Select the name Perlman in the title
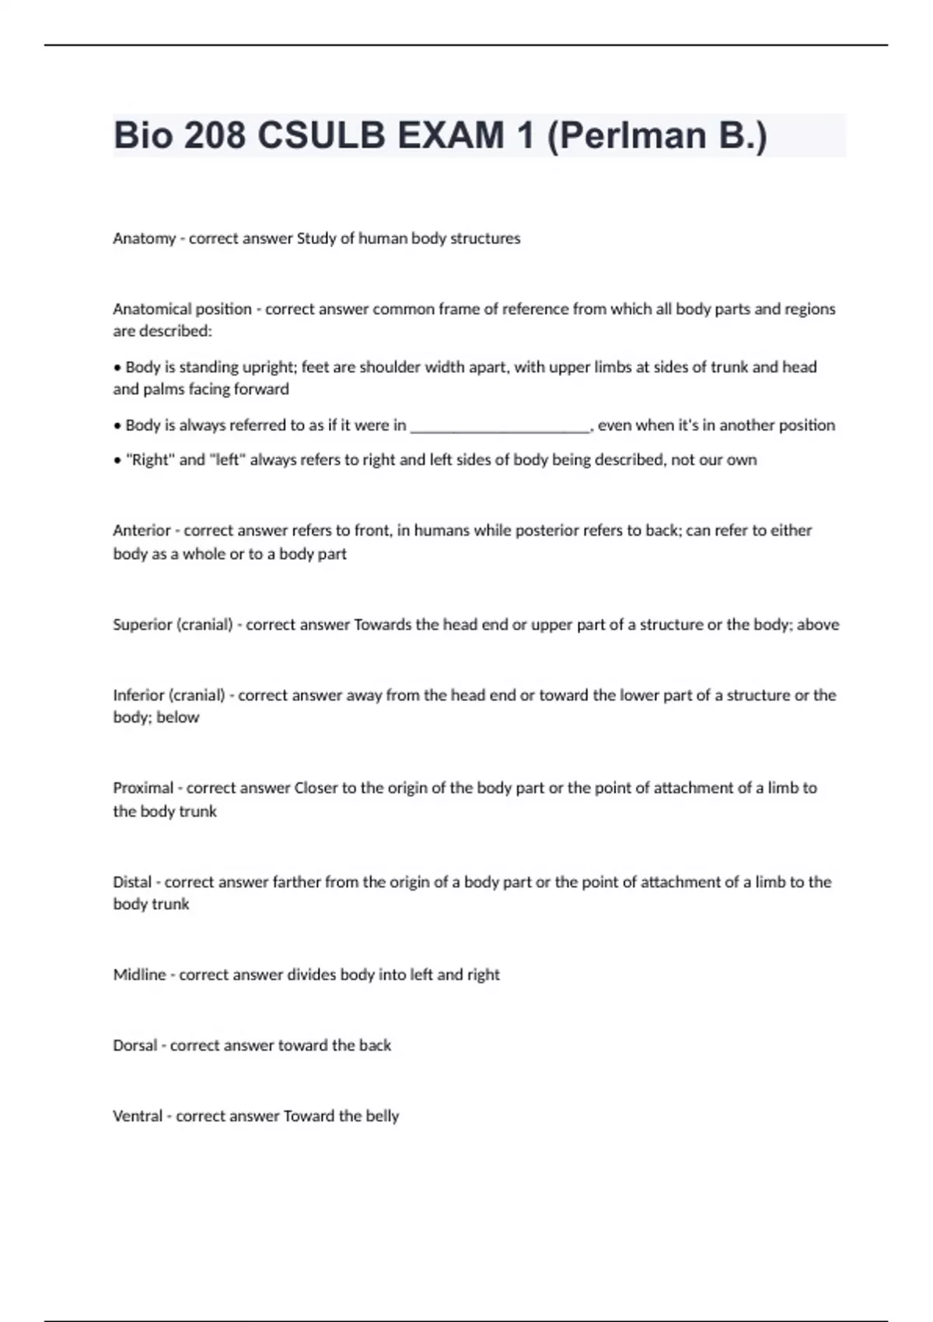click(x=627, y=136)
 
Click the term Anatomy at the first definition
click(x=144, y=239)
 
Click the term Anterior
click(x=142, y=530)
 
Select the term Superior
click(x=142, y=624)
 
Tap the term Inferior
click(x=138, y=695)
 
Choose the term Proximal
click(x=143, y=788)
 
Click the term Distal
click(x=132, y=882)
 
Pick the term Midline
click(x=139, y=974)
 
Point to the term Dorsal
click(x=135, y=1045)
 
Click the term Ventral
click(x=138, y=1116)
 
